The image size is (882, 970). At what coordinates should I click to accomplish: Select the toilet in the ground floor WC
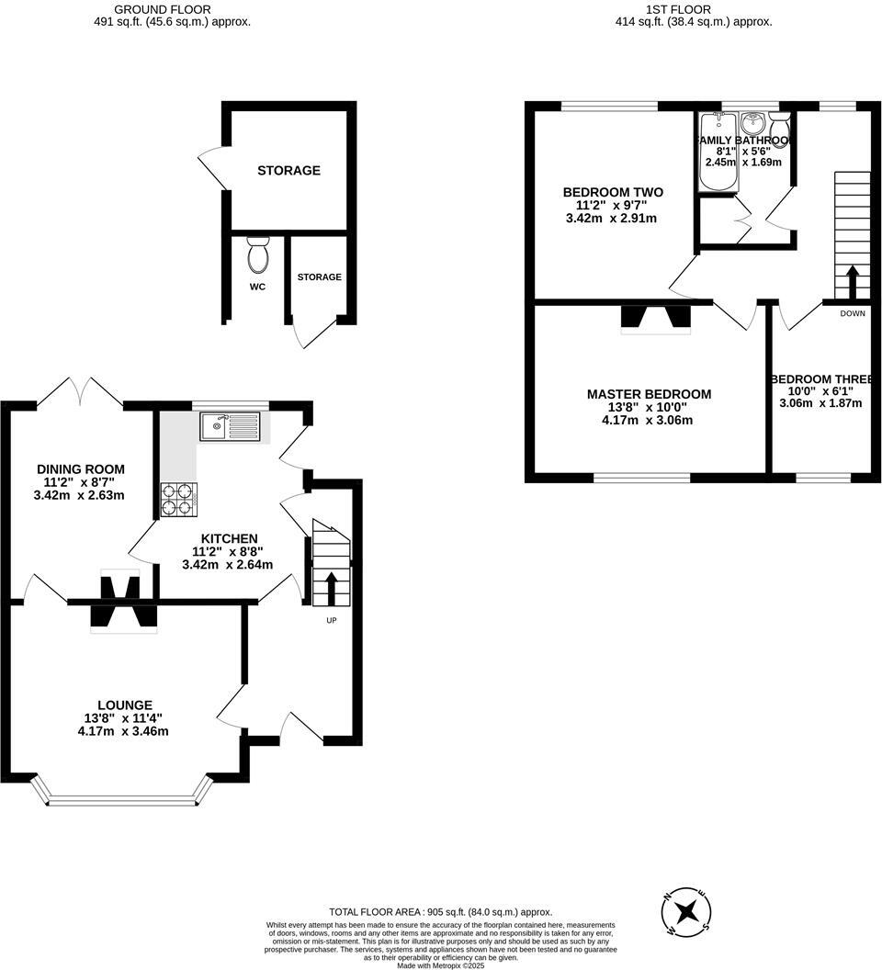click(258, 255)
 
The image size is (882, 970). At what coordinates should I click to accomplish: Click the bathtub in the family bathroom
click(716, 152)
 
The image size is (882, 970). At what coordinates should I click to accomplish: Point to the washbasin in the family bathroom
click(753, 123)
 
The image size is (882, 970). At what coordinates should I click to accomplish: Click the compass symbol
click(686, 912)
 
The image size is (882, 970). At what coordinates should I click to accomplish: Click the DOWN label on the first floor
click(852, 312)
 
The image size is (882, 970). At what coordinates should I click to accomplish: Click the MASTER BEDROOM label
click(649, 394)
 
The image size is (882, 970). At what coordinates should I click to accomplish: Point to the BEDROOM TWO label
click(613, 192)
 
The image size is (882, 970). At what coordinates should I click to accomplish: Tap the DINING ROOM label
click(81, 468)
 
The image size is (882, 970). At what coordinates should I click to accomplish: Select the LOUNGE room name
click(123, 705)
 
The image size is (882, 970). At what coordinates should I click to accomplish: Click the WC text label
click(257, 287)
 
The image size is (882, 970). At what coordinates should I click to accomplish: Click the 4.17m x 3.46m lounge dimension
click(123, 731)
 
